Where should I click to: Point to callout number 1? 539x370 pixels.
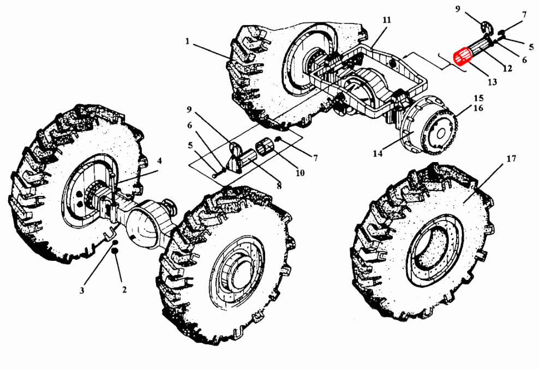tap(187, 41)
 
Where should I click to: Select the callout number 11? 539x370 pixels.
tap(387, 21)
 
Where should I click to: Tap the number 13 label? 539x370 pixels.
tap(493, 82)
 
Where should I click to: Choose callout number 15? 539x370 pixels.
tap(478, 98)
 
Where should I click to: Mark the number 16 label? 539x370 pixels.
tap(478, 109)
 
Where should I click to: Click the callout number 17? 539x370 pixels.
tap(511, 159)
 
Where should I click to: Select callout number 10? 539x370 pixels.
tap(300, 174)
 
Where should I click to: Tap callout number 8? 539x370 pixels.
tap(279, 186)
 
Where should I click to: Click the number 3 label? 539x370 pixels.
tap(82, 291)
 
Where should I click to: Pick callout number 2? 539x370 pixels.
tap(124, 290)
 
